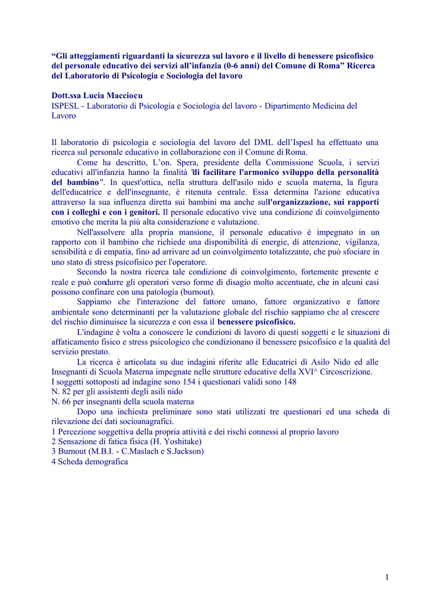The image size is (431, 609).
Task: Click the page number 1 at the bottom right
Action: click(x=386, y=576)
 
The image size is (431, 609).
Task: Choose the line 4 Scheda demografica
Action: click(x=90, y=462)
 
